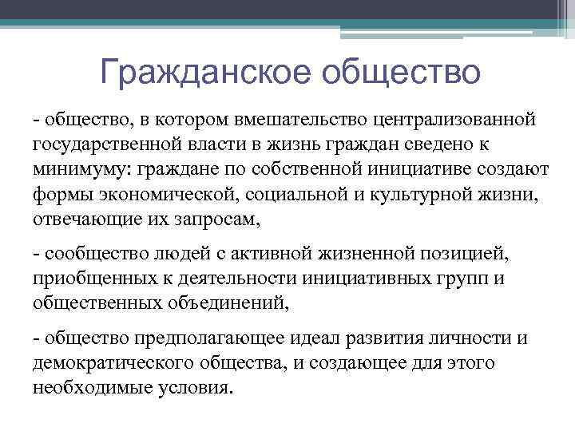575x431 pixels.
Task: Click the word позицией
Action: point(464,254)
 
